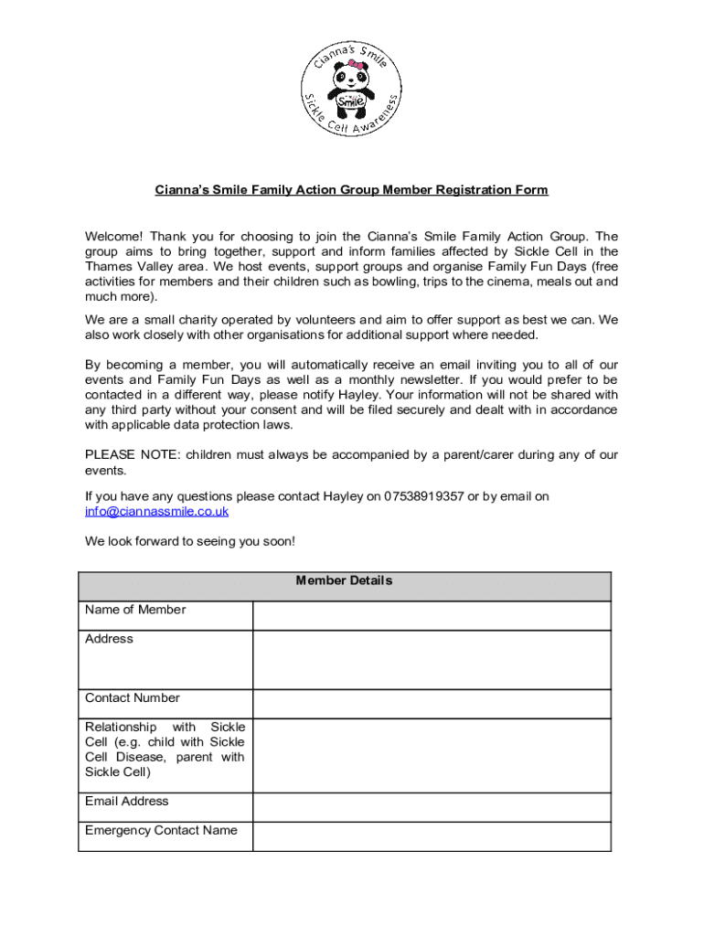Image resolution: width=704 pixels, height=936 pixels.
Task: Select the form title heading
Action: (x=350, y=190)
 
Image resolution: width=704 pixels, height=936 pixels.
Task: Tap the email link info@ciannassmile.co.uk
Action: (x=156, y=511)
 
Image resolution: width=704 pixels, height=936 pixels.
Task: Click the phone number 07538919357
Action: (x=424, y=496)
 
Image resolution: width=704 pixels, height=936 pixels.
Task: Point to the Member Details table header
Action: (x=344, y=580)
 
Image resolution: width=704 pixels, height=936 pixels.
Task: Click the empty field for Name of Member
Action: (x=432, y=615)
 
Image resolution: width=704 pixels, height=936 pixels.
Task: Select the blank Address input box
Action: (x=432, y=659)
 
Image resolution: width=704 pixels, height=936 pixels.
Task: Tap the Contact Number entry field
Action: (x=432, y=703)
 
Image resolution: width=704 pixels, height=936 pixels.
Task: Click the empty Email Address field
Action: (x=432, y=806)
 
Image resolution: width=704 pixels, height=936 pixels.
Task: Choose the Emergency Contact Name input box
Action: (x=432, y=835)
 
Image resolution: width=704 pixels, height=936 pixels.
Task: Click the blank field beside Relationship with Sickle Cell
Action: (x=432, y=755)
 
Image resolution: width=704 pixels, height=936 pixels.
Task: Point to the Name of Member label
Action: (x=135, y=610)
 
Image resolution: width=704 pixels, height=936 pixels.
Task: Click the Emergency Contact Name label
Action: (x=161, y=830)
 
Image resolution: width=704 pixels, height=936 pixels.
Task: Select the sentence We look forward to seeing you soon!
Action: (x=190, y=541)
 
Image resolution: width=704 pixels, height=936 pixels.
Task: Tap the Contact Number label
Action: (x=133, y=697)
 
